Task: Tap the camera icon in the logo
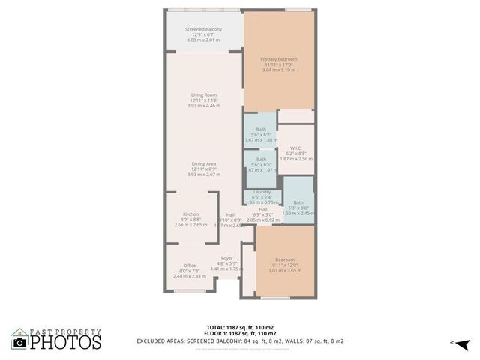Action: pyautogui.click(x=20, y=342)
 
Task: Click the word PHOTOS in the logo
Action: pyautogui.click(x=65, y=343)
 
